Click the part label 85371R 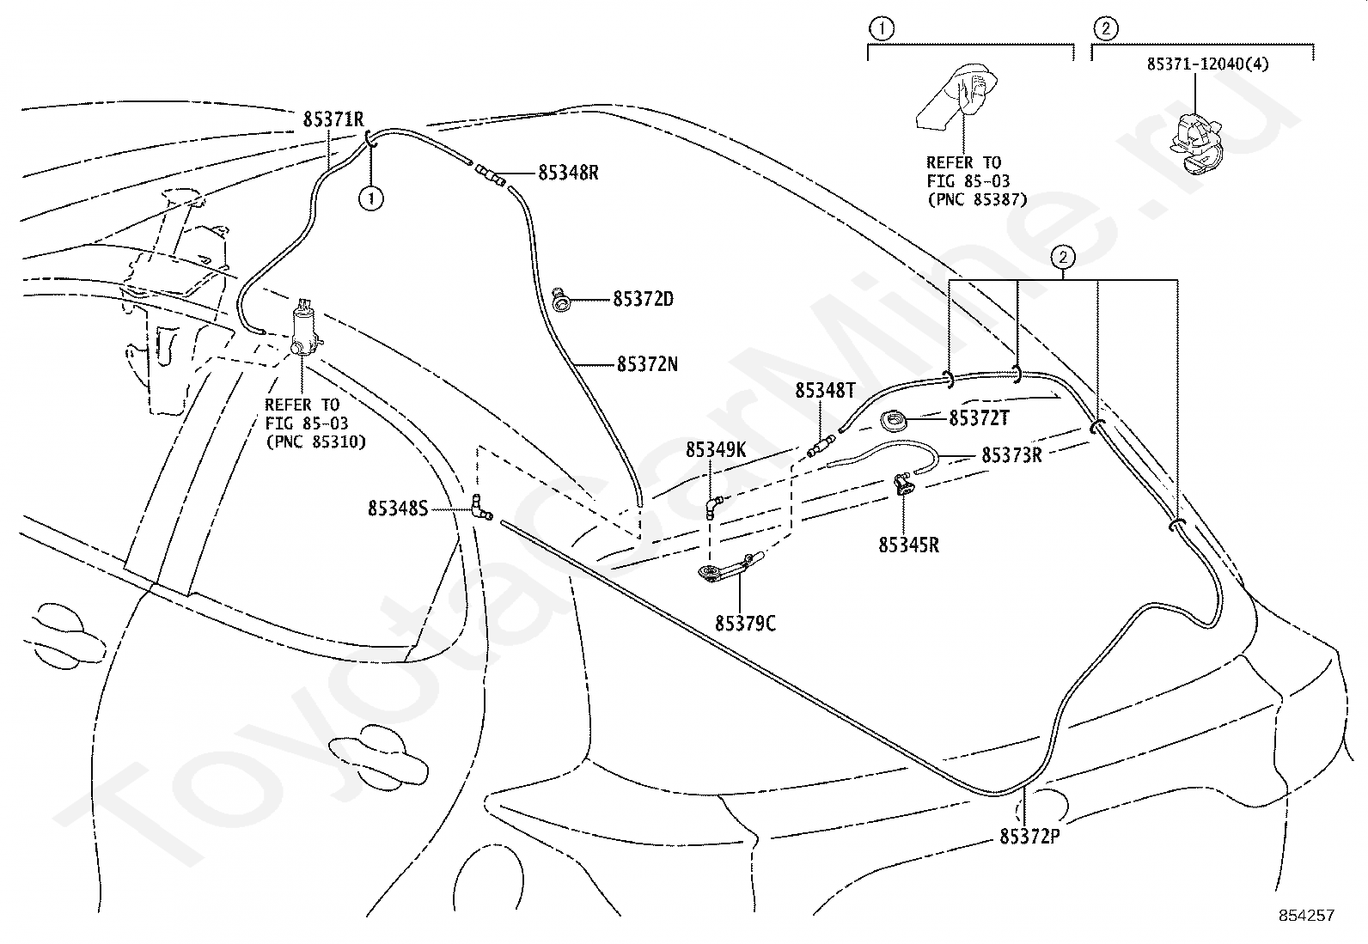click(x=333, y=119)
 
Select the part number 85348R click(x=568, y=173)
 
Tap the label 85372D click(x=643, y=300)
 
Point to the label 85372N click(x=647, y=364)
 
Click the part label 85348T click(x=825, y=392)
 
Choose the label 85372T click(x=979, y=418)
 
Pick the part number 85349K click(x=716, y=450)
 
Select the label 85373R click(x=1011, y=455)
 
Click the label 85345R click(x=908, y=545)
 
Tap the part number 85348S click(x=398, y=509)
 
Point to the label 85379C click(x=745, y=624)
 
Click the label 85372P click(x=1029, y=836)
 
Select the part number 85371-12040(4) click(x=1207, y=64)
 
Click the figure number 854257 click(x=1306, y=916)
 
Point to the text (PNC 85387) click(x=976, y=200)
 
